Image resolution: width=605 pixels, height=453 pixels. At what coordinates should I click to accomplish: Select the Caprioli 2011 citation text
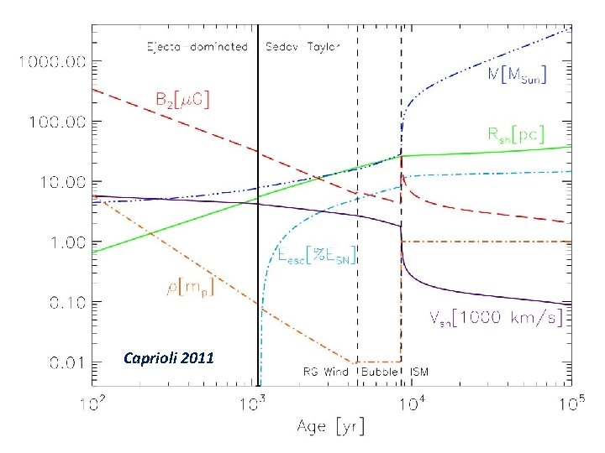[168, 358]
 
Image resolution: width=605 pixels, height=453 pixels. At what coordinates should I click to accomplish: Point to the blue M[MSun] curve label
[518, 76]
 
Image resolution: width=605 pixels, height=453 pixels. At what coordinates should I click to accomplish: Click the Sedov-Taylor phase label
[302, 47]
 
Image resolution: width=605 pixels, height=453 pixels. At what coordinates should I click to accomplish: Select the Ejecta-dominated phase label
[197, 47]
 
